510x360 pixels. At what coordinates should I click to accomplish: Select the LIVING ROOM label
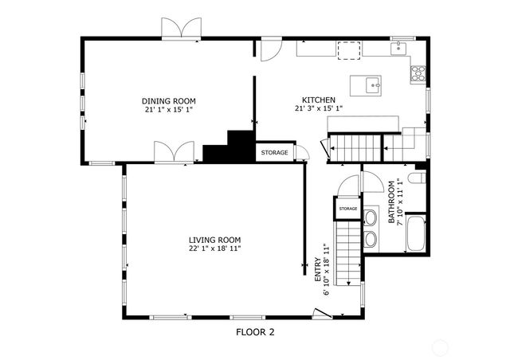214,240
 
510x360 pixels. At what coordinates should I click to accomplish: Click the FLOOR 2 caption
256,331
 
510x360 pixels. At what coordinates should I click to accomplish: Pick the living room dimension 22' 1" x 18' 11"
214,248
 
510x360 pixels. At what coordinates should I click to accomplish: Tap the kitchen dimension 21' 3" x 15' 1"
318,108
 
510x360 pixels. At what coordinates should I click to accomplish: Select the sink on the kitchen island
371,83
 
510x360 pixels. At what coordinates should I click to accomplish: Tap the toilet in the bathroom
415,176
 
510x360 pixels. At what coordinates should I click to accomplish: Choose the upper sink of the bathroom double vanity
371,217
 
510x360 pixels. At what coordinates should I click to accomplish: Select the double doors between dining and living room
174,151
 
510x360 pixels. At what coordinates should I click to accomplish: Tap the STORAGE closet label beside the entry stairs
347,209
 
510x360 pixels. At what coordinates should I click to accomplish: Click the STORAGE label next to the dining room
275,152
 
